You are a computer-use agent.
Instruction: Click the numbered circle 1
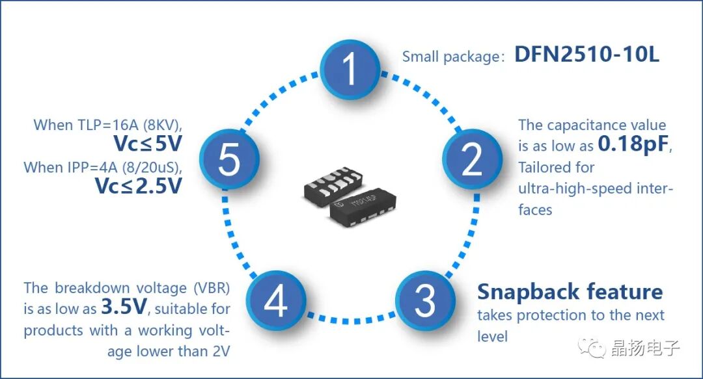point(350,70)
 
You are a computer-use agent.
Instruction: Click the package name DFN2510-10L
point(586,55)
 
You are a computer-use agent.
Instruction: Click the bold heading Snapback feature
point(570,292)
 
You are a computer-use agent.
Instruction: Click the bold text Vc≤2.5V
point(137,186)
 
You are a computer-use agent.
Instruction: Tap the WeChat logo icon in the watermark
point(594,348)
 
